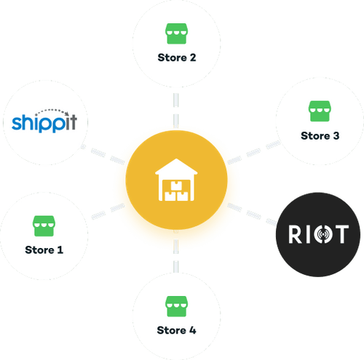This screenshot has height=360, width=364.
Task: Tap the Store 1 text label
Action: [44, 249]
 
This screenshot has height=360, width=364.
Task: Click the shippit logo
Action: [45, 121]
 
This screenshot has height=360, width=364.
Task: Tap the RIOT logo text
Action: [317, 235]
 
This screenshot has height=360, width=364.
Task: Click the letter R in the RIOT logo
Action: [293, 235]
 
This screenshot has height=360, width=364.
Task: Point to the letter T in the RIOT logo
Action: [341, 235]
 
